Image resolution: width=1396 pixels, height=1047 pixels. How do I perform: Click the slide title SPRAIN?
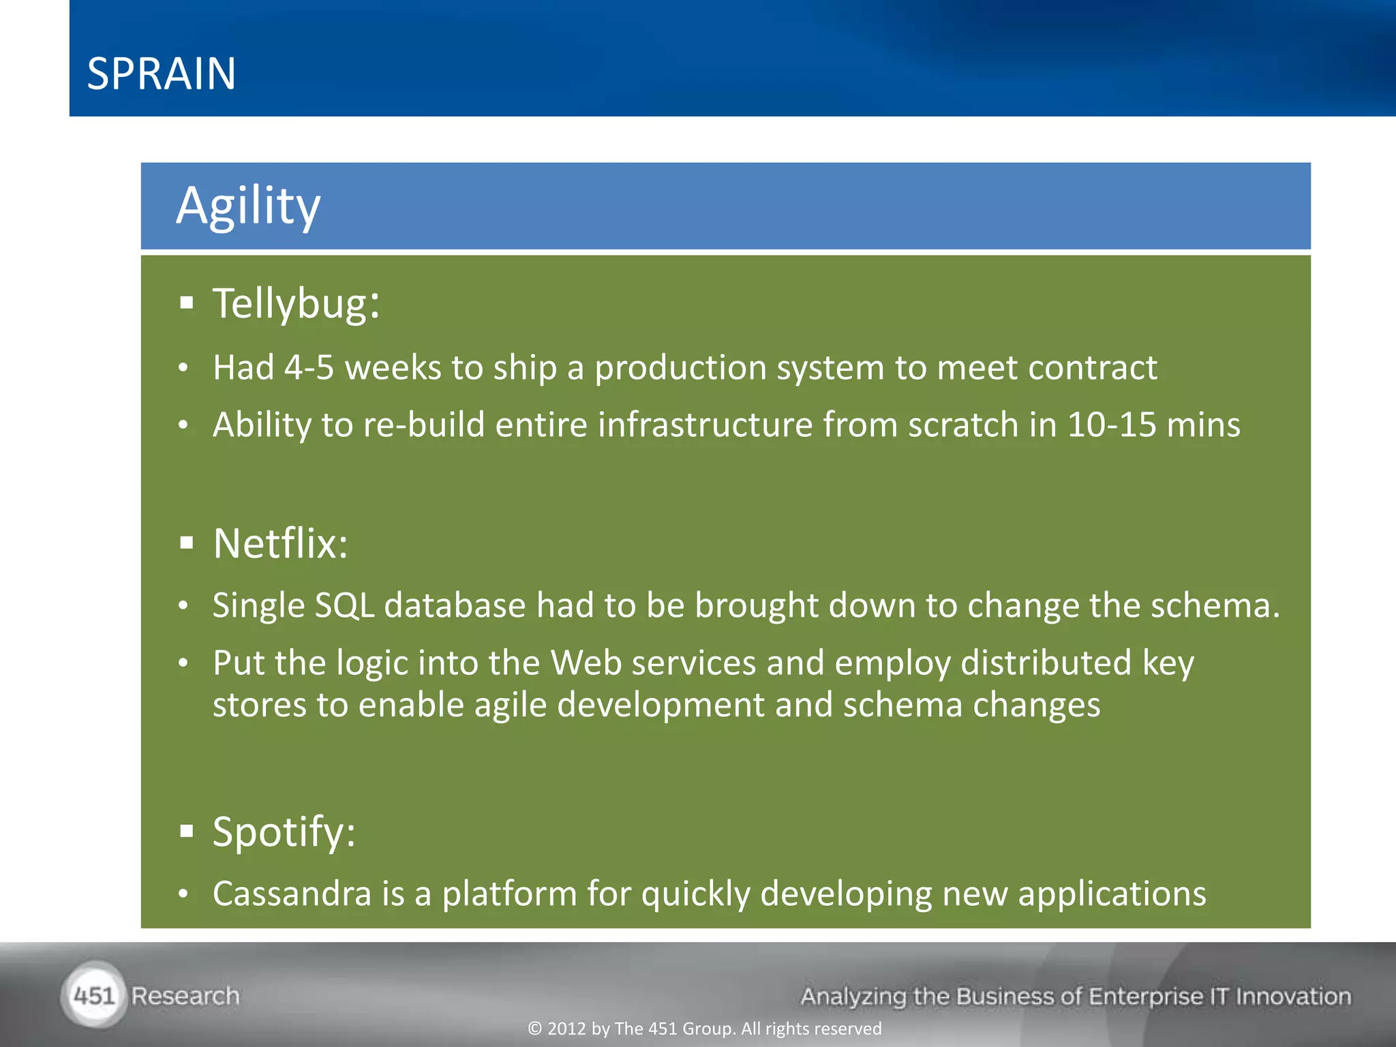click(162, 74)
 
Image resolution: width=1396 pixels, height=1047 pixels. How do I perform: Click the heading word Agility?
click(248, 205)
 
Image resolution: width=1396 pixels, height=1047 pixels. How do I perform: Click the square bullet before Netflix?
click(187, 543)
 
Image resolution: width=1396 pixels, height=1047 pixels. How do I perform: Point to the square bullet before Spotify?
click(187, 831)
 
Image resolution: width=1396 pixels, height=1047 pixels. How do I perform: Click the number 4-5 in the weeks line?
click(309, 367)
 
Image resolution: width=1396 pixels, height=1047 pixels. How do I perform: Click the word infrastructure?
click(705, 425)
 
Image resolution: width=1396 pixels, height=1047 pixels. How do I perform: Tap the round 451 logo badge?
click(94, 996)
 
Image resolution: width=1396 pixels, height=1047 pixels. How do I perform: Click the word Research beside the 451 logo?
click(185, 996)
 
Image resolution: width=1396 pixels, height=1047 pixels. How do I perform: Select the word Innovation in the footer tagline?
click(1292, 996)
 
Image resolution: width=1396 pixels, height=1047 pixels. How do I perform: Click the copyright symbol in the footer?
click(534, 1029)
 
